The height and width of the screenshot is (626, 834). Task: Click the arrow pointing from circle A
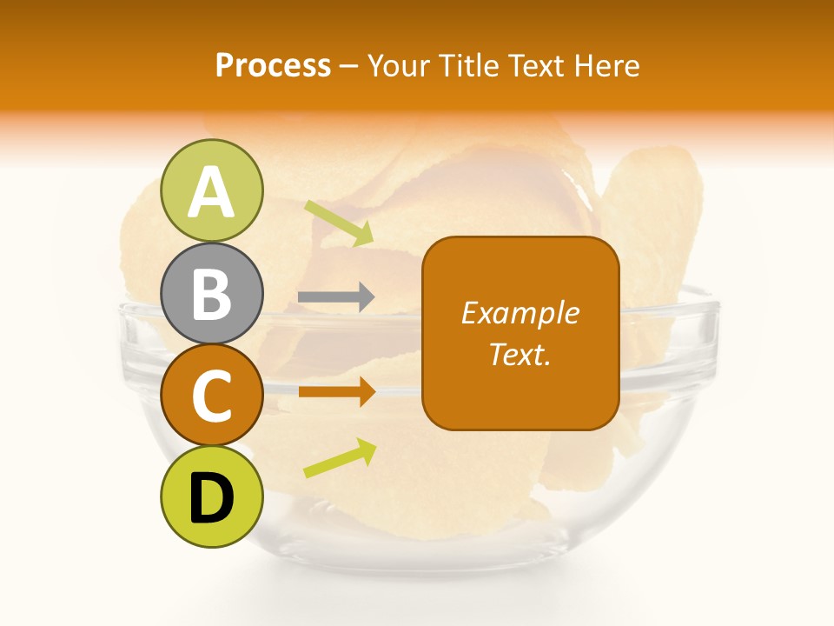(x=339, y=223)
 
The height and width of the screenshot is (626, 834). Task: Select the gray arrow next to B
(x=336, y=298)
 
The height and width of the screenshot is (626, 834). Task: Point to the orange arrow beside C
(x=336, y=391)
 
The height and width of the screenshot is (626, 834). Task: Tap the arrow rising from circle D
(x=340, y=458)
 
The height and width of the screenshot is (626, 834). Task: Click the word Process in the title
(x=273, y=66)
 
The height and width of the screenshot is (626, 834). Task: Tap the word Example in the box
(x=520, y=313)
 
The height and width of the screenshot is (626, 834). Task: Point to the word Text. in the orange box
(x=520, y=354)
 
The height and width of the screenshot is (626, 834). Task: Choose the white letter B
(x=212, y=293)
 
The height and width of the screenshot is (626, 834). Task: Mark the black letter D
(x=212, y=499)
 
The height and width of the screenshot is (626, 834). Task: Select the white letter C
(x=212, y=396)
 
